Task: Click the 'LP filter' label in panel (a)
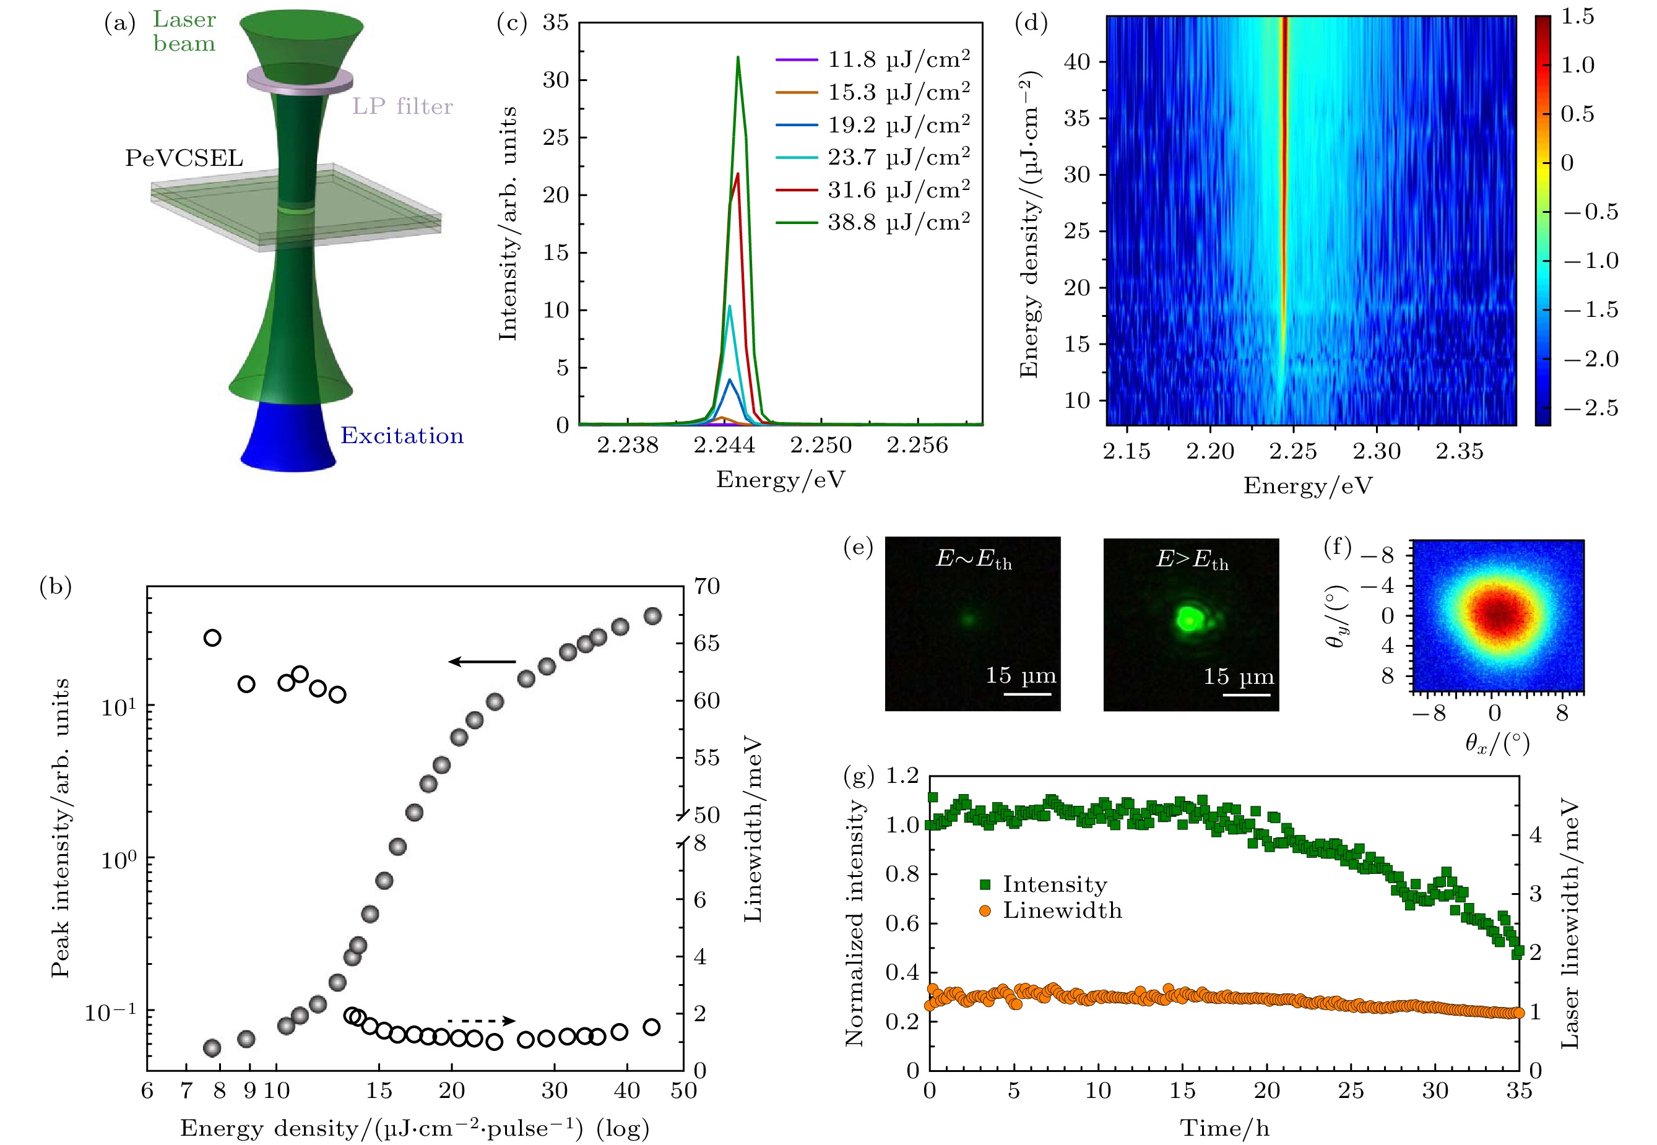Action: point(402,106)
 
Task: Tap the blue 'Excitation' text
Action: point(402,436)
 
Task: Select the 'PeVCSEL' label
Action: point(184,158)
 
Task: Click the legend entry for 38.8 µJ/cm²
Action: point(872,222)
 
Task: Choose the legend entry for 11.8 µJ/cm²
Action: point(872,59)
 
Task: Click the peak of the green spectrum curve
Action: point(737,58)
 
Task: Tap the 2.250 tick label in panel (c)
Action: point(821,446)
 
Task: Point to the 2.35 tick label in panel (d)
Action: point(1459,451)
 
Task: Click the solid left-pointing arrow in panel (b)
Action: point(482,662)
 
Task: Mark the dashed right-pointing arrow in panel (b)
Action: point(482,1020)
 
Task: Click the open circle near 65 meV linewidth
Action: point(212,637)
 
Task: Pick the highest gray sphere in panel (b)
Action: point(653,616)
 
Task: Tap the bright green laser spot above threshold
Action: point(1188,618)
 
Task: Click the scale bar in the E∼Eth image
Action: point(1026,693)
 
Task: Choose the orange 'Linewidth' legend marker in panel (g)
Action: point(985,910)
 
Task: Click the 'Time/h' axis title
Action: point(1224,1128)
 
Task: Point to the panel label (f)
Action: point(1337,548)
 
